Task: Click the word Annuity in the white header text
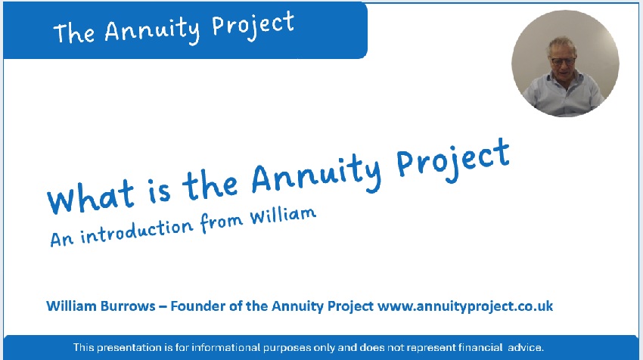tap(152, 30)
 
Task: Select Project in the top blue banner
tap(253, 26)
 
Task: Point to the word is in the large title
tap(159, 190)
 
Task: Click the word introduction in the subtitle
tap(136, 231)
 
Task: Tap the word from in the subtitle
tap(221, 222)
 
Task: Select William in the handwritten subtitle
tap(283, 216)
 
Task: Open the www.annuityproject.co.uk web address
tap(465, 306)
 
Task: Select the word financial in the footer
tap(480, 348)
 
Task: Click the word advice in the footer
tap(526, 348)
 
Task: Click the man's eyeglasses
tap(563, 62)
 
